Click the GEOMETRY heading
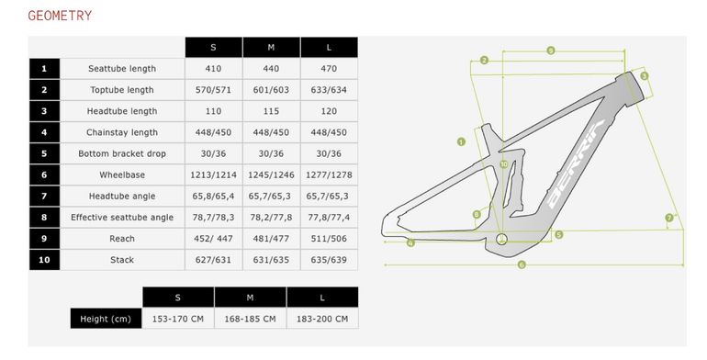click(60, 16)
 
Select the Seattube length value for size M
click(271, 69)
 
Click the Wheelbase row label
click(122, 174)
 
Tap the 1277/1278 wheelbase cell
click(329, 174)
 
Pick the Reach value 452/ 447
click(213, 239)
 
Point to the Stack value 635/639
click(329, 260)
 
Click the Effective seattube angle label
click(122, 218)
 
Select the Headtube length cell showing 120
click(329, 111)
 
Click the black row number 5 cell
click(44, 153)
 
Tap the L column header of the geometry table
click(329, 48)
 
